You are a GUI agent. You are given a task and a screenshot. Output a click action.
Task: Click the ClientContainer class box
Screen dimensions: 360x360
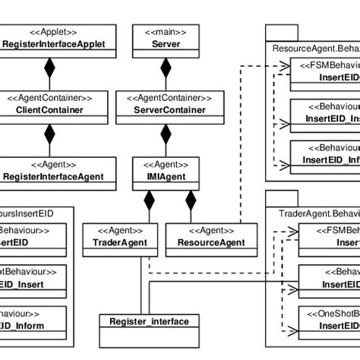(x=49, y=103)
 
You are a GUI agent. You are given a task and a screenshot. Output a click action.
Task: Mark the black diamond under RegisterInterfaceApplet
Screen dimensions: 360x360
(x=49, y=73)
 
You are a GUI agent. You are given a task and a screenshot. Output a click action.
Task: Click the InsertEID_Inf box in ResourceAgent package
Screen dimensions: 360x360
(x=326, y=154)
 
